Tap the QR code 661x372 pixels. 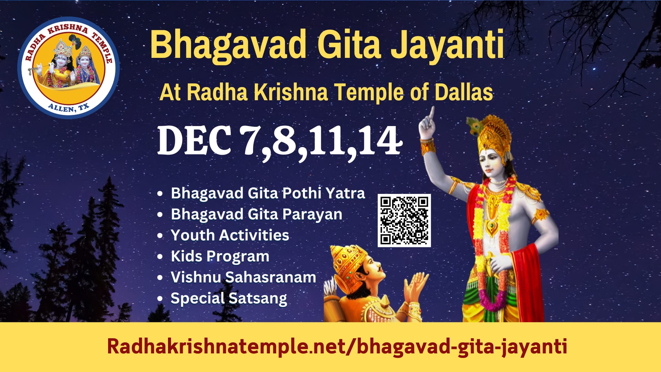point(404,220)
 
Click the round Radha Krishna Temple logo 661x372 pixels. point(69,68)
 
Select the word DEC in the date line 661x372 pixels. point(194,141)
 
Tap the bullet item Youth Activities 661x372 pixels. point(230,235)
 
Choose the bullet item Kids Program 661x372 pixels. point(220,257)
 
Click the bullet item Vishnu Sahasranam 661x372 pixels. point(243,277)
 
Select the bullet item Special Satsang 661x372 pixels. point(229,298)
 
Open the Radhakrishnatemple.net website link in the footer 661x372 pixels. point(337,346)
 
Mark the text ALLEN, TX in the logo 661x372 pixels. point(69,108)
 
